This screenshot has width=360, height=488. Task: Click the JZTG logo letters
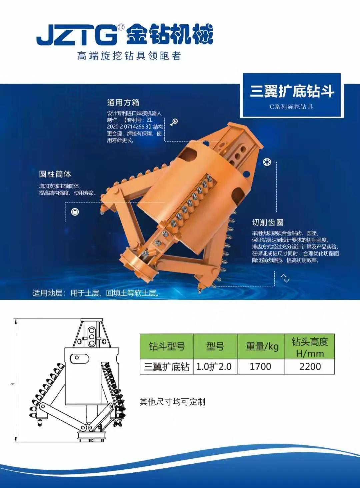click(x=77, y=35)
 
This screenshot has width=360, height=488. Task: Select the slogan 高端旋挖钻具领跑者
click(x=129, y=56)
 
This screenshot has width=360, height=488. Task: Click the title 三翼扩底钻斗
click(x=292, y=92)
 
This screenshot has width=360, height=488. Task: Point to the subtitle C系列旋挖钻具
click(x=291, y=107)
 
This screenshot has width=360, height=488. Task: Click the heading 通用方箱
click(x=123, y=102)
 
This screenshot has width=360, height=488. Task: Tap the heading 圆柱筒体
click(x=55, y=174)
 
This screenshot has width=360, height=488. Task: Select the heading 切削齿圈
click(x=268, y=223)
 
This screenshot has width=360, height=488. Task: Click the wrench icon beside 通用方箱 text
click(x=174, y=122)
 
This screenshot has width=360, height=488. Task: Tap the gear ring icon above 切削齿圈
click(x=267, y=162)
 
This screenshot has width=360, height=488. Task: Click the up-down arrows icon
click(x=285, y=278)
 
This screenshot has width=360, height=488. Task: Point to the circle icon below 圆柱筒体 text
click(x=75, y=212)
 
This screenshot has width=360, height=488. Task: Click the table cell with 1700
click(x=260, y=366)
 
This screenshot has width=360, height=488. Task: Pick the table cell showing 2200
click(x=310, y=366)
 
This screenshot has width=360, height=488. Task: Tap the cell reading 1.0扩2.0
click(x=214, y=366)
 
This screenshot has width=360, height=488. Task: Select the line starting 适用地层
click(x=96, y=293)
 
